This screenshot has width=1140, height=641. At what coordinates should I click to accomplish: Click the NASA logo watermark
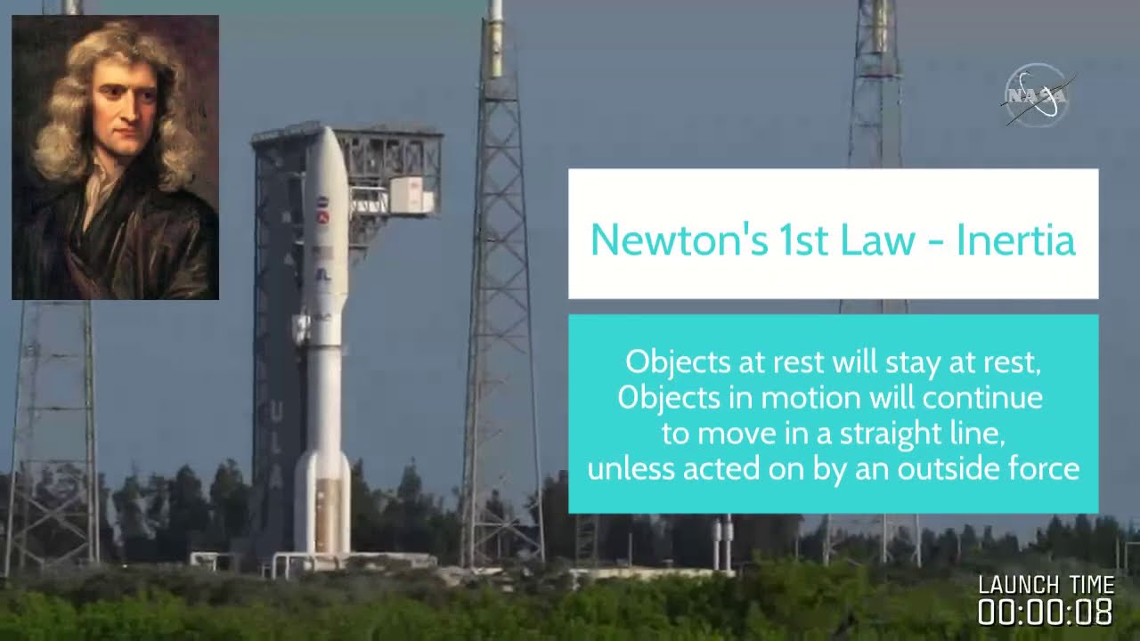[1038, 95]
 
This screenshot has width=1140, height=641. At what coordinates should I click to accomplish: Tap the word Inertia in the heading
[1016, 239]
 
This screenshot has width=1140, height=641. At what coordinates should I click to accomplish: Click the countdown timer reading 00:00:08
[1046, 612]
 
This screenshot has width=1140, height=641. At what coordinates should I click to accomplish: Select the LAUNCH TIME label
[1046, 585]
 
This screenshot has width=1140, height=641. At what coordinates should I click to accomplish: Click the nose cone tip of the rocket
[329, 127]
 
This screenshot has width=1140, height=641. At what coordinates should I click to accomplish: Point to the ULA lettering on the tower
[276, 443]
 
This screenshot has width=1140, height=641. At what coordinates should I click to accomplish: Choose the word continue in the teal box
[983, 398]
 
